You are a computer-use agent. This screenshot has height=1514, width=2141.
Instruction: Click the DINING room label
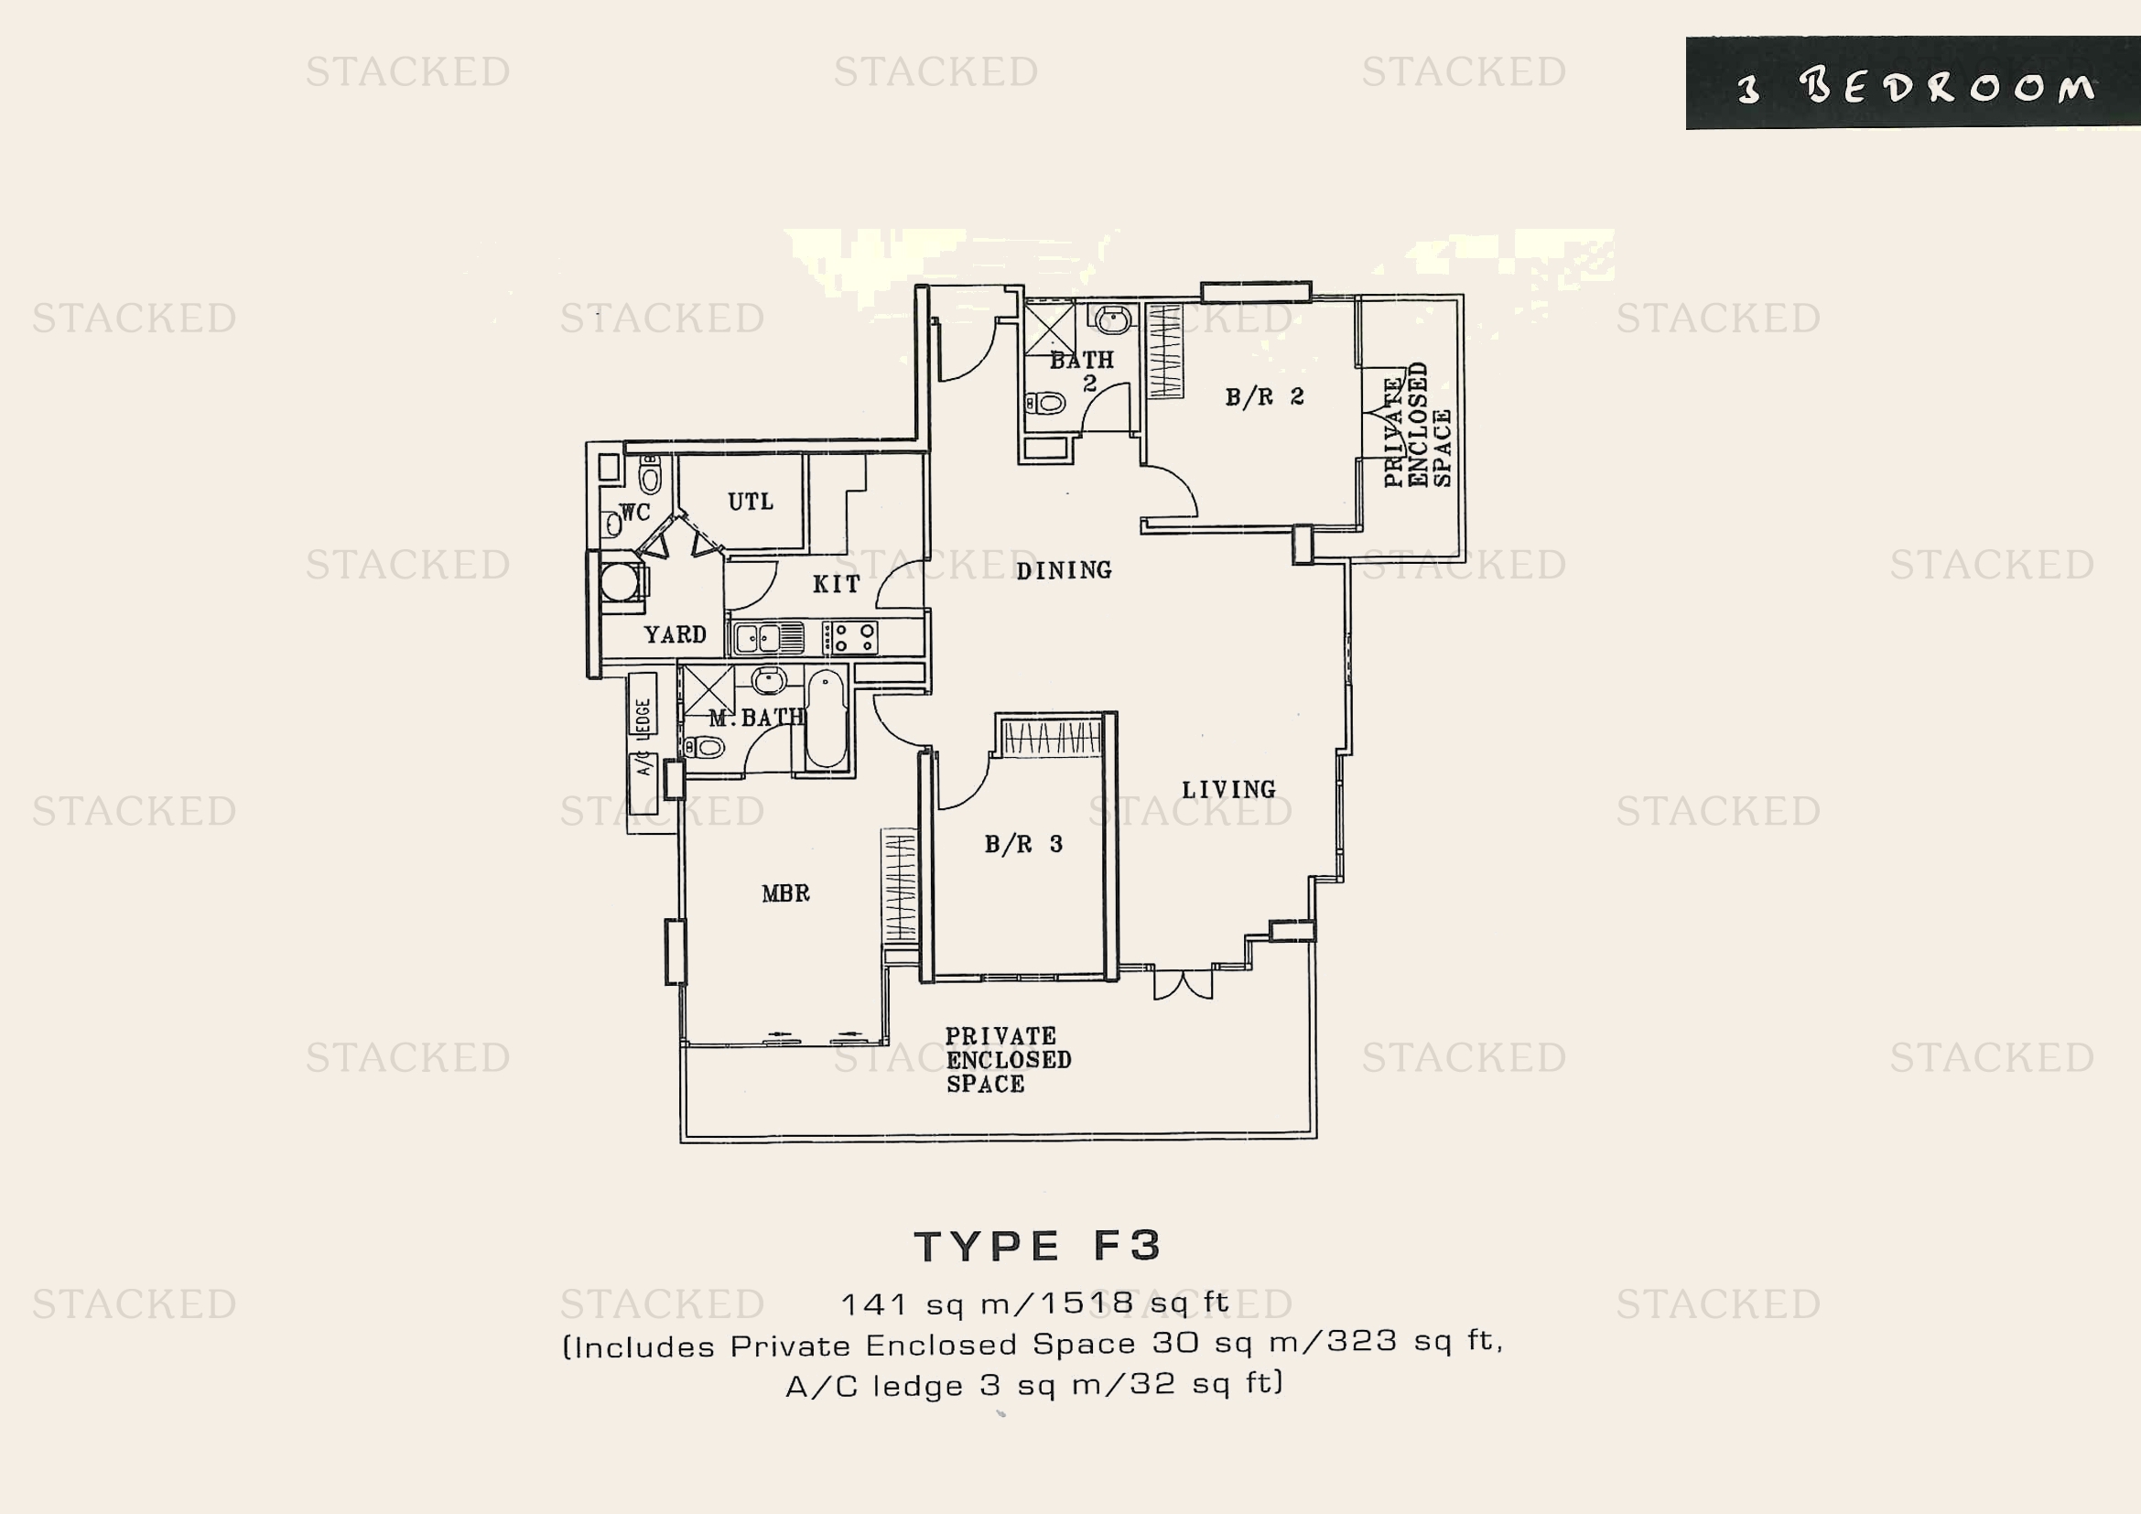coord(1064,570)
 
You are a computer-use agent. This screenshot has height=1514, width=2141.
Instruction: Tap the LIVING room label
coord(1229,790)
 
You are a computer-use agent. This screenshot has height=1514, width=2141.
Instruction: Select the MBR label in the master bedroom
coord(785,893)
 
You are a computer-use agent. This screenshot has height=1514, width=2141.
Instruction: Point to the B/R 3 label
coord(1023,844)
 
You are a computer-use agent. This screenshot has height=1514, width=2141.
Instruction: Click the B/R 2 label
coord(1264,397)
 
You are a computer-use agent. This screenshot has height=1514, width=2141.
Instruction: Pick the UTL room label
coord(751,502)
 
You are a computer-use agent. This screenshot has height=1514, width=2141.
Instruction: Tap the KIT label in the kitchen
coord(836,585)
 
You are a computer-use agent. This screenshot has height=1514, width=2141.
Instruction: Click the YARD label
coord(676,635)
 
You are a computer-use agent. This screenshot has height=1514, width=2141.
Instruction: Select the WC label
coord(635,512)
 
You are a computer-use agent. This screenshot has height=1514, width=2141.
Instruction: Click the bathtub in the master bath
coord(827,719)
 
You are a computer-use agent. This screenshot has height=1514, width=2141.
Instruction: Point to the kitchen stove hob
coord(849,638)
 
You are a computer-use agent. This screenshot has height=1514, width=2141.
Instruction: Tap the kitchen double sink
coord(768,639)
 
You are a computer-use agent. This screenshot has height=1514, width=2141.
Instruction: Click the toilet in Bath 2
coord(1046,404)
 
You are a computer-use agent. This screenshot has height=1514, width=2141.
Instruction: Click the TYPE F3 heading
coord(1038,1247)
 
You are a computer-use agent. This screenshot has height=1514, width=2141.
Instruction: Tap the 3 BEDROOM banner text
coord(1915,87)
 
